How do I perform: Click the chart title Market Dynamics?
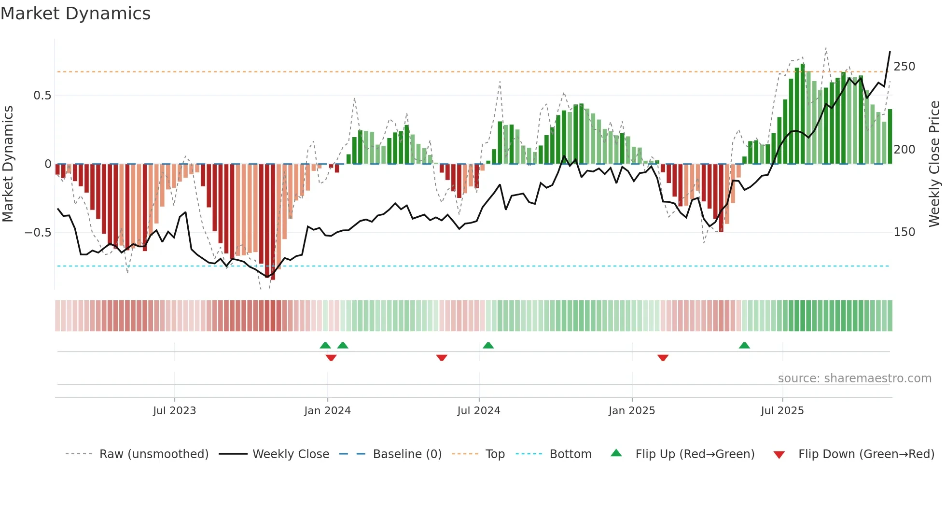(x=75, y=14)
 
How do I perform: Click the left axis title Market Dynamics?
(x=8, y=164)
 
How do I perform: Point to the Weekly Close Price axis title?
(x=934, y=164)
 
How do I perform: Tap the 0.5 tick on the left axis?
(x=42, y=96)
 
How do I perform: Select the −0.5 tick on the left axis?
(x=38, y=233)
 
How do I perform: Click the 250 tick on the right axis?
(x=904, y=67)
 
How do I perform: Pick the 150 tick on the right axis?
(x=904, y=232)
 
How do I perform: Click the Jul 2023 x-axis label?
(x=174, y=411)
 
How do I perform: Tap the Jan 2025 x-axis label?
(x=631, y=411)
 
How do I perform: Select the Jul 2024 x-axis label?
(x=478, y=411)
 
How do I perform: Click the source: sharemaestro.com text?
(x=854, y=378)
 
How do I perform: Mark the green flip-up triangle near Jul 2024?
(x=488, y=346)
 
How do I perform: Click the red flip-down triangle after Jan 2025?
(x=663, y=358)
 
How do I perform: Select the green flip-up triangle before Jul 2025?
(x=744, y=346)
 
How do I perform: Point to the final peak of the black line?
(x=890, y=52)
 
